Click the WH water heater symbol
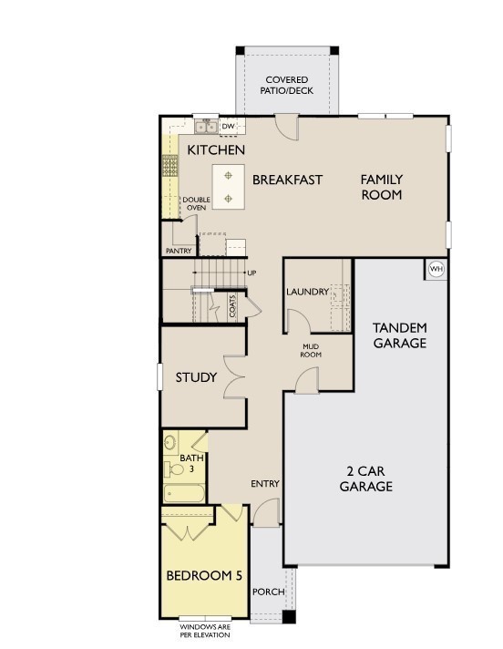[x=436, y=269]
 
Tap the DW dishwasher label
[x=228, y=126]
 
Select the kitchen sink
[x=206, y=126]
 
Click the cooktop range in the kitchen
[x=169, y=166]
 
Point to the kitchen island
[x=229, y=187]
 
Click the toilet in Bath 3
[x=174, y=469]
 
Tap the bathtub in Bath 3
[x=184, y=493]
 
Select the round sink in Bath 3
[x=170, y=443]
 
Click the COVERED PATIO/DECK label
[x=287, y=85]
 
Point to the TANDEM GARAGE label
[x=400, y=335]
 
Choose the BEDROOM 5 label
[x=204, y=575]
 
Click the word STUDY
[x=196, y=377]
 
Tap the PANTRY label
[x=179, y=251]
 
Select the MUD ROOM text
[x=311, y=351]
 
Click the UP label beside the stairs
[x=251, y=273]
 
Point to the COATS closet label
[x=232, y=306]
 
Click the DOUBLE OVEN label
[x=197, y=203]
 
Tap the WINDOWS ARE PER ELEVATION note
[x=205, y=631]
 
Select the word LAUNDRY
[x=308, y=292]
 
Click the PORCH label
[x=269, y=592]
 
